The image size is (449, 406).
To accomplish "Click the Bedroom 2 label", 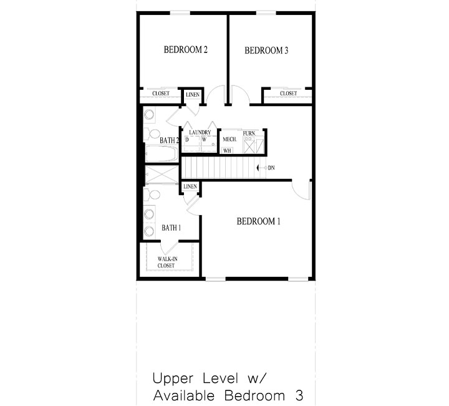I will (x=186, y=50).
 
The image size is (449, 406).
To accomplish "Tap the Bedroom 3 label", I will (x=266, y=51).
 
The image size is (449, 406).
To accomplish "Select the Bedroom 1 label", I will (x=259, y=221).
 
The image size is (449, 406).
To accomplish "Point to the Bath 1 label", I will (x=171, y=228).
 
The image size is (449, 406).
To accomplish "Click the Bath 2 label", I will (x=169, y=140).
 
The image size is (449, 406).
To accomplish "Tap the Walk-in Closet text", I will (x=166, y=262).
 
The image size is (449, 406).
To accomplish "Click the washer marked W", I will (x=204, y=140).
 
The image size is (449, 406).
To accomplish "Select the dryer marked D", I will (x=187, y=140).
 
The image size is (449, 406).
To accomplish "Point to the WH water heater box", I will (x=228, y=150).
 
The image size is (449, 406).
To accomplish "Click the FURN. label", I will (x=249, y=133).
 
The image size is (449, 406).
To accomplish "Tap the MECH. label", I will (x=229, y=140).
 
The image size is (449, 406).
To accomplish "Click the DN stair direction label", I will (x=271, y=167).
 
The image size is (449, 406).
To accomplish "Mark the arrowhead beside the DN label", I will (x=259, y=167).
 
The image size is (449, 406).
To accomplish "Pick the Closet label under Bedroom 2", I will (x=161, y=94).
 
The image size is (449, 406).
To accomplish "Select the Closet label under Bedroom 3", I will (x=288, y=94).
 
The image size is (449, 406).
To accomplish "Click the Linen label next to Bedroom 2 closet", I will (x=192, y=95).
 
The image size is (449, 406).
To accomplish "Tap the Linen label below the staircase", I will (x=190, y=186).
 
